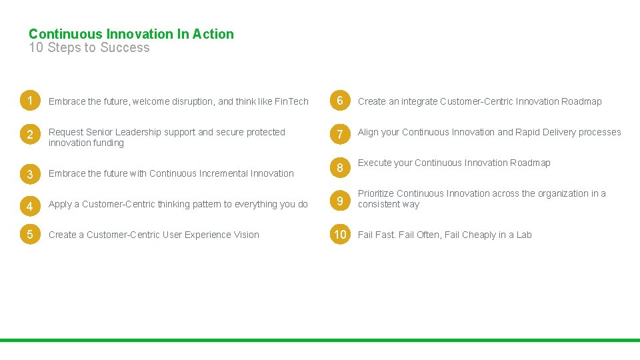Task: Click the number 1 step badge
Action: point(30,101)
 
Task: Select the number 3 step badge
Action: point(30,175)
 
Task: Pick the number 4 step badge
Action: point(30,205)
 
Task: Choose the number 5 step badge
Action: point(30,235)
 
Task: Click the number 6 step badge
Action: point(340,101)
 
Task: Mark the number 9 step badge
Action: point(340,201)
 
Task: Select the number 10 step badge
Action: point(340,235)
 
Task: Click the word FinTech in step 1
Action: point(291,102)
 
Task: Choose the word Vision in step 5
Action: point(245,235)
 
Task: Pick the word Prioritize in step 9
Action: point(376,194)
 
